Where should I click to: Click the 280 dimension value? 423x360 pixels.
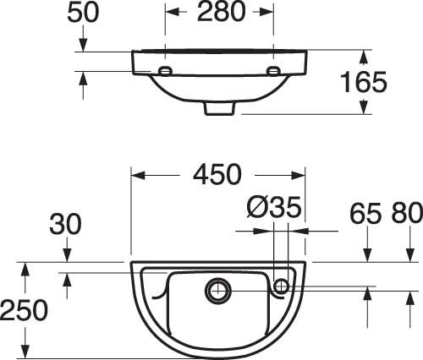(x=221, y=12)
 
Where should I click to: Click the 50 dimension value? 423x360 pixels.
(x=83, y=13)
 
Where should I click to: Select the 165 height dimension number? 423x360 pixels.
(x=364, y=82)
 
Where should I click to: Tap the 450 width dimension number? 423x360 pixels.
(x=217, y=175)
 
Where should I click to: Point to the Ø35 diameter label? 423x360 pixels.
(x=274, y=207)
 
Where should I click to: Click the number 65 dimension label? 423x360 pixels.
(x=365, y=213)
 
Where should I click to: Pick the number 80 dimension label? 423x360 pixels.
(x=407, y=213)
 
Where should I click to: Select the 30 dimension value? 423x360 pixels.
(x=65, y=225)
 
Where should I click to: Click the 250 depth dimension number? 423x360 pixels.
(x=24, y=310)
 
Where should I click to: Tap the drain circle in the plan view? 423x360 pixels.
(x=217, y=291)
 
